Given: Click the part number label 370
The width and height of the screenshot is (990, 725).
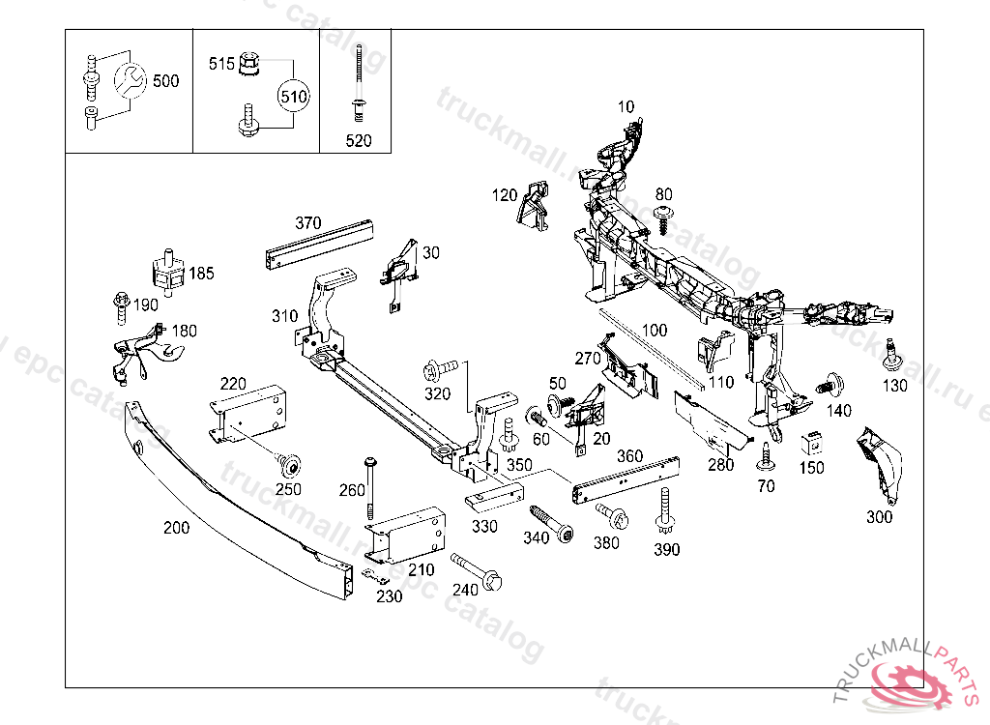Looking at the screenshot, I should click(x=307, y=223).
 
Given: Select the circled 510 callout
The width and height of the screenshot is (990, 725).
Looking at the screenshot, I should click(x=293, y=96).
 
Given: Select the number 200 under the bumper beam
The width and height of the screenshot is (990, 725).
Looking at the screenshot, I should click(x=176, y=528).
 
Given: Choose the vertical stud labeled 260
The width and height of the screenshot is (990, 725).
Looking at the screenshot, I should click(x=369, y=487).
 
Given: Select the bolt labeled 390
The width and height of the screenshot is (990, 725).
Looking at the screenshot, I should click(x=665, y=510).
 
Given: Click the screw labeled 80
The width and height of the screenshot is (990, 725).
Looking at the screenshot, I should click(x=663, y=217).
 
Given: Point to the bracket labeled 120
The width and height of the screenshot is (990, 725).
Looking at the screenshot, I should click(x=534, y=207).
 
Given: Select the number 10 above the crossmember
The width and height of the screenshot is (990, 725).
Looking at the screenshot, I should click(x=626, y=106).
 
